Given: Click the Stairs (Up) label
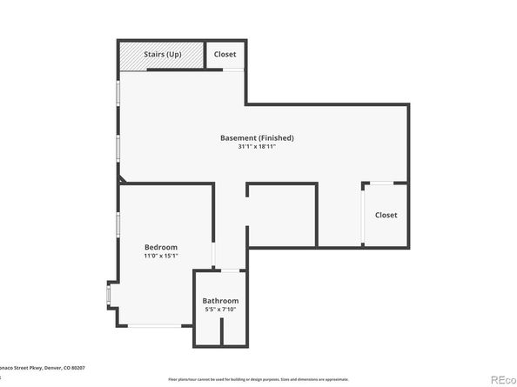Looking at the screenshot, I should [162, 55].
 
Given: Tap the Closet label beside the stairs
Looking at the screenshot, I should [225, 55].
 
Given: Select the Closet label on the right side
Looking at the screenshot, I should [386, 215].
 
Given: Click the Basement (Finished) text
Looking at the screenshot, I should [257, 137].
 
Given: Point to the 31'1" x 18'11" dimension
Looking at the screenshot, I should [257, 147].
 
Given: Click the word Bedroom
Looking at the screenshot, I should [161, 246].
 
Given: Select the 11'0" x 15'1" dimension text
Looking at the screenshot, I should [161, 256].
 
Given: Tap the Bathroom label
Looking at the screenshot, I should [220, 300].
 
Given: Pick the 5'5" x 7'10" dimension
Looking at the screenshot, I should [220, 310].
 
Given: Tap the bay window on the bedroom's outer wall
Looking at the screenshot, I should [109, 297].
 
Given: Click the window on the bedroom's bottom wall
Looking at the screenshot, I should [156, 326].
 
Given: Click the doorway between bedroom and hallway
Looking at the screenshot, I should [213, 253].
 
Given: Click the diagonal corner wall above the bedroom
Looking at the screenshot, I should [124, 179].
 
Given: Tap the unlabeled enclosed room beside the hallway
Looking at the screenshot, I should [282, 214].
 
